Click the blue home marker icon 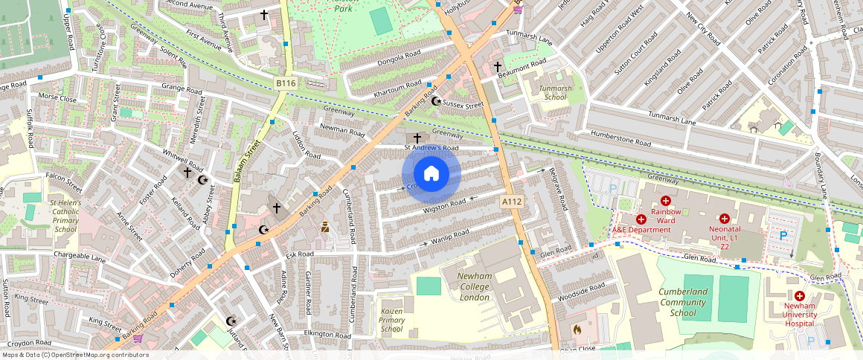click(x=431, y=174)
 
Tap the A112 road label click(x=511, y=202)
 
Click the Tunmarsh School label click(x=556, y=92)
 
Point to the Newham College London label click(x=474, y=286)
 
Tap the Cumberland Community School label click(x=683, y=302)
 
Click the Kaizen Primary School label click(x=391, y=319)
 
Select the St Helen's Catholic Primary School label click(x=65, y=216)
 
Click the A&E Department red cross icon click(x=641, y=219)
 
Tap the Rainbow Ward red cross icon click(x=666, y=201)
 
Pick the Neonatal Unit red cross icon click(x=724, y=219)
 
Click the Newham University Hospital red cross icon click(x=800, y=296)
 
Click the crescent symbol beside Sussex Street click(x=436, y=101)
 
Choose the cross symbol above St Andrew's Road click(x=417, y=138)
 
